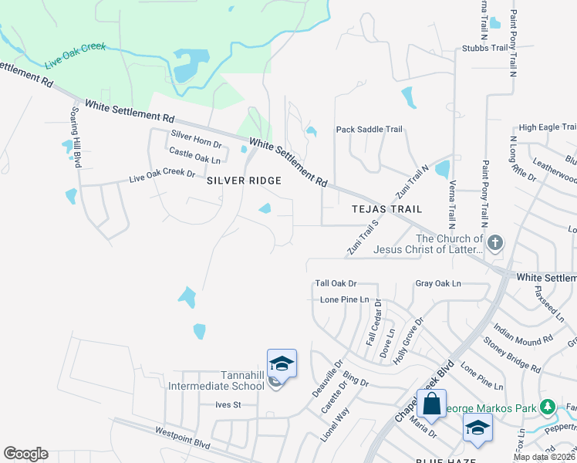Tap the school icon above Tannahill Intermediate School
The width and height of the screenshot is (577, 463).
(282, 363)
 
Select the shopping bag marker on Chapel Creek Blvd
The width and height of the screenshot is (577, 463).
(431, 403)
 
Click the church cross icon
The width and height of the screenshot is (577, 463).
(495, 244)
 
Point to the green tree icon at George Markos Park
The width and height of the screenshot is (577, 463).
(548, 405)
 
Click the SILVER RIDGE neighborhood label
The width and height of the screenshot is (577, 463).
(243, 180)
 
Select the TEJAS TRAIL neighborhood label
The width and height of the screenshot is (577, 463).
(386, 209)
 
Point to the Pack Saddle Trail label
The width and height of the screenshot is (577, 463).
(369, 130)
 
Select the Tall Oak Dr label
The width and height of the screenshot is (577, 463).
(336, 284)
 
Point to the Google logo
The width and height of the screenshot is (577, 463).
(25, 454)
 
